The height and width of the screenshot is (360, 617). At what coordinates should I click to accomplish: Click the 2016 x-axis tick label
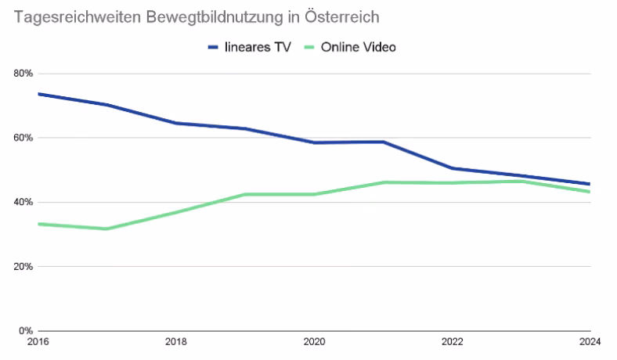pyautogui.click(x=37, y=342)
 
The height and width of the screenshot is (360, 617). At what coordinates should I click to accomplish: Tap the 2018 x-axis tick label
pyautogui.click(x=175, y=342)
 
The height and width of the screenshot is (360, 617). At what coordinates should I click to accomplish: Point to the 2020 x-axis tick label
pyautogui.click(x=313, y=342)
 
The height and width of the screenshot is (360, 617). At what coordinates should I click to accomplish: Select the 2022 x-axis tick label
pyautogui.click(x=452, y=342)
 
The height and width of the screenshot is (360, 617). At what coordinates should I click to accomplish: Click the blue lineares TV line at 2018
pyautogui.click(x=175, y=123)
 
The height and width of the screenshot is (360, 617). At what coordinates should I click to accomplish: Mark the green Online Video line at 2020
pyautogui.click(x=313, y=194)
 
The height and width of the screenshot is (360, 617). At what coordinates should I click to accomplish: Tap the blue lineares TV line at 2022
pyautogui.click(x=452, y=168)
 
